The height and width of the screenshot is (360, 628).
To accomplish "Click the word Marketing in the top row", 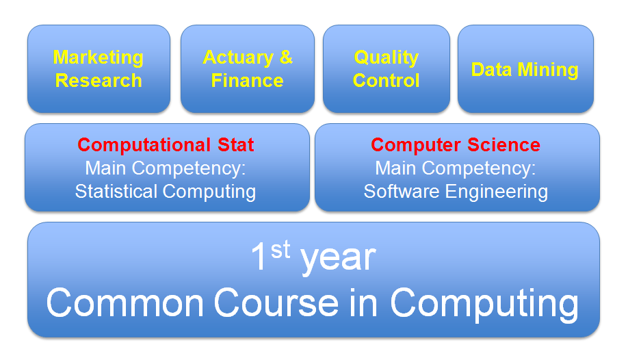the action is tap(98, 58).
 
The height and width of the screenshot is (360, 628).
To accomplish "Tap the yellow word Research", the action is tap(99, 81).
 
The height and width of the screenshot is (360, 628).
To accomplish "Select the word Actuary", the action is tap(238, 58).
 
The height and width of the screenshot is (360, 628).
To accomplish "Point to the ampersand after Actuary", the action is tap(286, 57).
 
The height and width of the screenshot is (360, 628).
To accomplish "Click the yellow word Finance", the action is tap(247, 81).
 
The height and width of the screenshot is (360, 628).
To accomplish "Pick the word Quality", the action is tap(386, 58).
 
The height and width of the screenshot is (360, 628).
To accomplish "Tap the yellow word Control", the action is tap(386, 81).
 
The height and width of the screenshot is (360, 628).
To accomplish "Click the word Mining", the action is tap(548, 70).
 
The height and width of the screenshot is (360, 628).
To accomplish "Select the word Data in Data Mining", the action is tap(491, 69).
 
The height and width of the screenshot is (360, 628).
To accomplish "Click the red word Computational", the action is tap(144, 145).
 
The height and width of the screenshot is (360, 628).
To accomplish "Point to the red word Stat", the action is tap(236, 144).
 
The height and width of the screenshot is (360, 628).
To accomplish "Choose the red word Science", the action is tap(504, 144).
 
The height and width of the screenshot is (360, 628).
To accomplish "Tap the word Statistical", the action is tap(116, 191).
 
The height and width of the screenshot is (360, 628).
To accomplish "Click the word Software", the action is tap(402, 191).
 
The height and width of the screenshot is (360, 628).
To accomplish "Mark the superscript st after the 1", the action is tap(280, 250).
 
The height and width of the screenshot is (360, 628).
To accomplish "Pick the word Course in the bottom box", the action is tap(276, 303).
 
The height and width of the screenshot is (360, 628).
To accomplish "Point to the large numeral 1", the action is tap(259, 256).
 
